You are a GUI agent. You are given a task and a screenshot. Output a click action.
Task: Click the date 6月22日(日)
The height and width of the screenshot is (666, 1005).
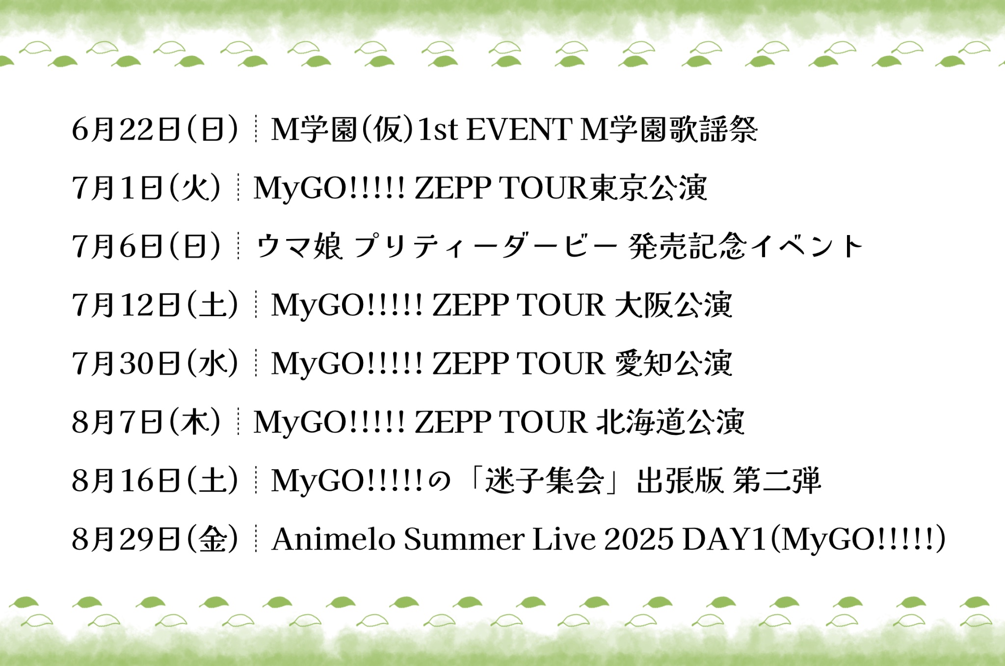[155, 130]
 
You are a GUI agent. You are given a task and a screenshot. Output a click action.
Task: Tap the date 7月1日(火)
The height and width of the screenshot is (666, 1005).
[146, 188]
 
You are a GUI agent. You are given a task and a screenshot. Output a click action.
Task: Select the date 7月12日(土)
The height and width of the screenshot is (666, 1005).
[155, 305]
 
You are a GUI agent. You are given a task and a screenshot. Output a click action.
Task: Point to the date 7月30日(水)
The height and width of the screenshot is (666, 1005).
[155, 363]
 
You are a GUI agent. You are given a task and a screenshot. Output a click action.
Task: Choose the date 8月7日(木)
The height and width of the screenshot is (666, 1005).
[146, 422]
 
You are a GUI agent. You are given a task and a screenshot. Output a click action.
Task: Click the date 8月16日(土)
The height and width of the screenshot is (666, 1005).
[155, 480]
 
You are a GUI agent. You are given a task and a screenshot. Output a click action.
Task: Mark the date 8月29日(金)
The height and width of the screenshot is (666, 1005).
[155, 539]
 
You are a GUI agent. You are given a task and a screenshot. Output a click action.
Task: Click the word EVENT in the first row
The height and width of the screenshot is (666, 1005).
[519, 130]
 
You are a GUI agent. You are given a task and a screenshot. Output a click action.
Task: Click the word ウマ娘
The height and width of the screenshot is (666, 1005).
[299, 246]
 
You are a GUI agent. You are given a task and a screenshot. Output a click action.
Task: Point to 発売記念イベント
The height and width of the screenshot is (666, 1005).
[745, 246]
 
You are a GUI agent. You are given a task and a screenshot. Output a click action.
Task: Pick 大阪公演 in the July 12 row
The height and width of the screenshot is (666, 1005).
[673, 305]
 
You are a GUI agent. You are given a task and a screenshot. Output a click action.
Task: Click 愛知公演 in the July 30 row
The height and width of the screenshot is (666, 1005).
[673, 363]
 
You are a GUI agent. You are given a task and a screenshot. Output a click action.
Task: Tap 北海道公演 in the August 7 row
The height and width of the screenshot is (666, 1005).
[670, 422]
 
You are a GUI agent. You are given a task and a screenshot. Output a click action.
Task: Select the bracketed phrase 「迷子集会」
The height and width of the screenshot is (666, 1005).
[544, 480]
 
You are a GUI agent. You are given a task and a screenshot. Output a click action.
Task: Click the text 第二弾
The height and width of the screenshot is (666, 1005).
[777, 480]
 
